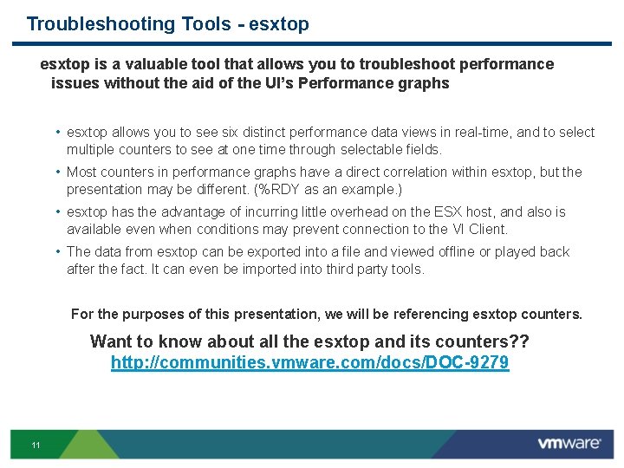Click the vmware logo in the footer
click(x=569, y=443)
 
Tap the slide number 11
click(x=36, y=445)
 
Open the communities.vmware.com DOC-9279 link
click(x=309, y=363)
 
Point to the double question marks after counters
click(x=520, y=341)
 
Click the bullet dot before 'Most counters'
click(x=56, y=172)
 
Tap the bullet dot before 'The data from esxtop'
click(x=56, y=252)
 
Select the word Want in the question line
click(x=112, y=341)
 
